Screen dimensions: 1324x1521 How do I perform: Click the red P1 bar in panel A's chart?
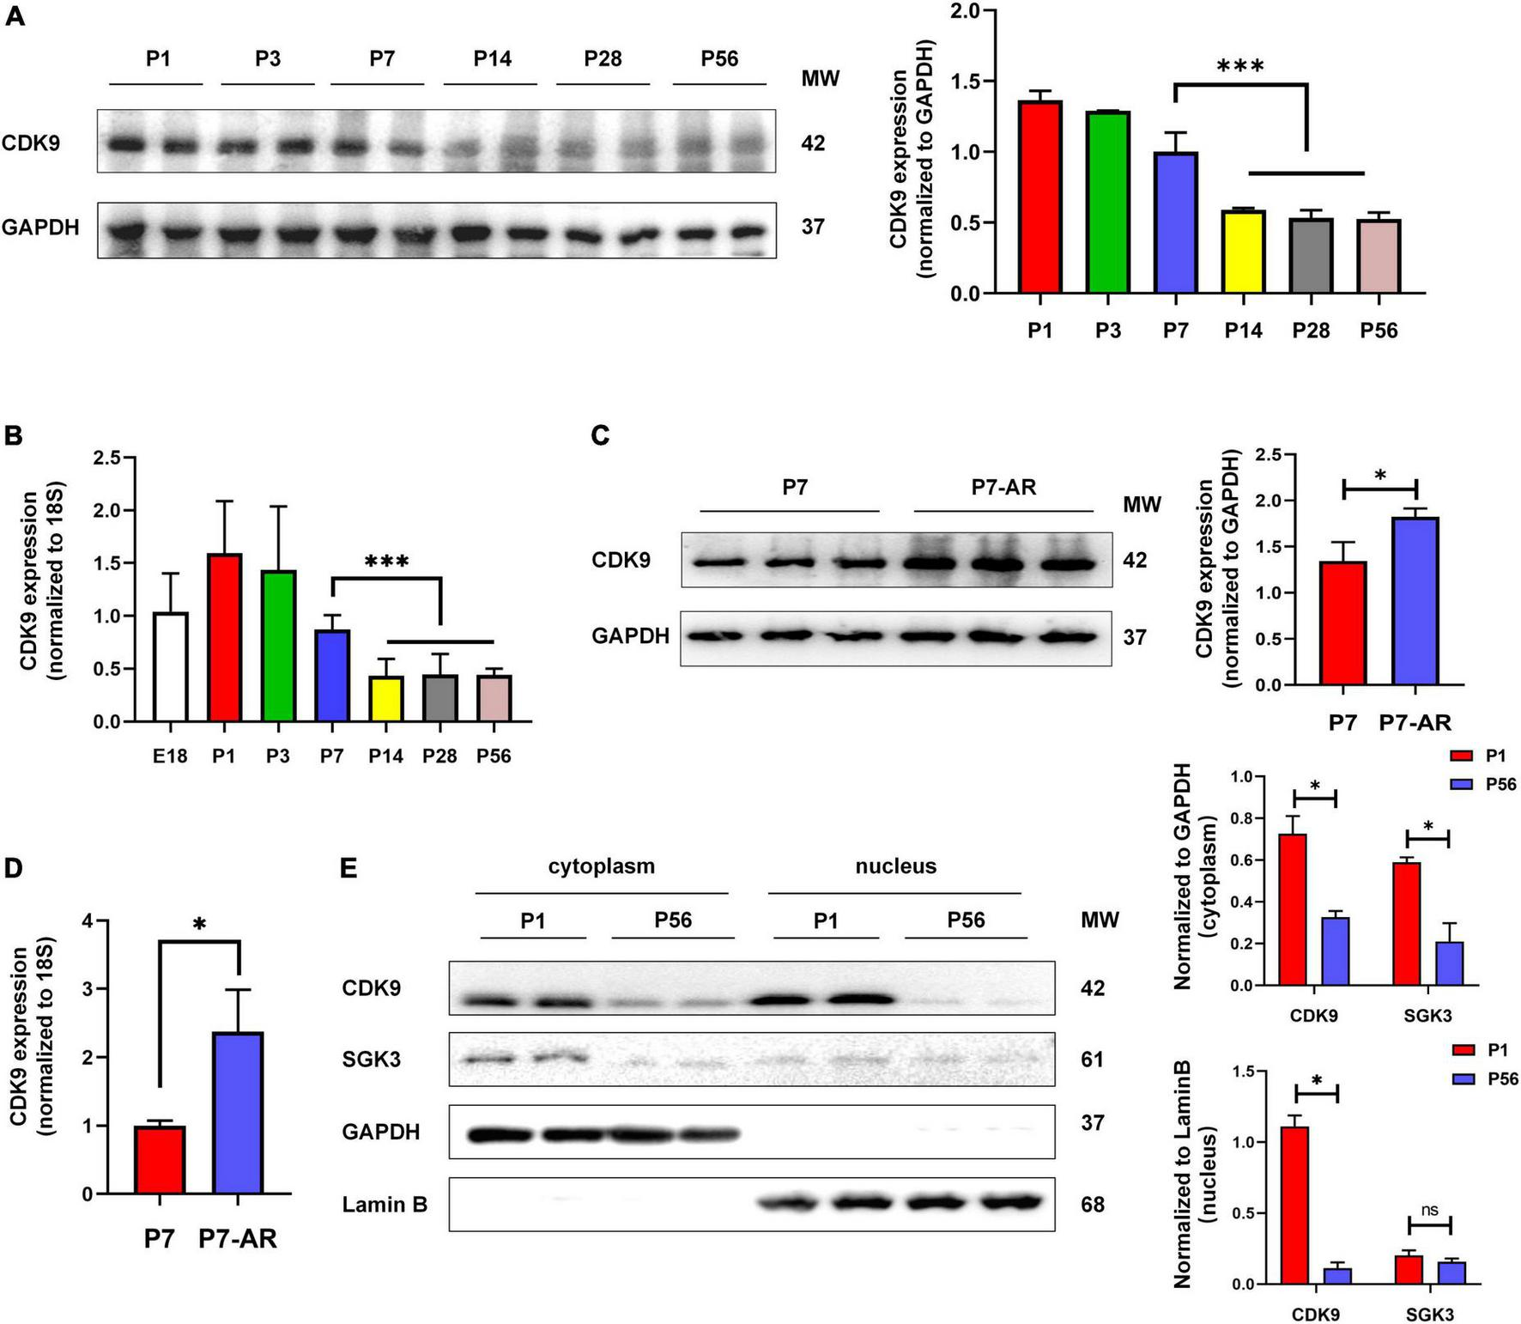(1039, 197)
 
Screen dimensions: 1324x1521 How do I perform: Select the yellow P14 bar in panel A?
(1243, 252)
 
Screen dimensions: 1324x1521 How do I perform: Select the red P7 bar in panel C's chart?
(1342, 623)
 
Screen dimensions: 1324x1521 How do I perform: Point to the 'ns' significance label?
(1429, 1210)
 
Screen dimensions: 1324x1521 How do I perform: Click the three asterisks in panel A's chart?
(1240, 66)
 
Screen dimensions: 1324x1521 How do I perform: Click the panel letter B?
(13, 435)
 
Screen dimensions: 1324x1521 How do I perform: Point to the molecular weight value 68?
(1093, 1205)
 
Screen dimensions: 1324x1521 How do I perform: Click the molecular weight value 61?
(1093, 1060)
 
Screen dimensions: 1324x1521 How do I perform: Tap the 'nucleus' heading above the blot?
(895, 866)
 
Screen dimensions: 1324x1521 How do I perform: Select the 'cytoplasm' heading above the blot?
(601, 866)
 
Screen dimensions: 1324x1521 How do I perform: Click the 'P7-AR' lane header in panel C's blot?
(1003, 488)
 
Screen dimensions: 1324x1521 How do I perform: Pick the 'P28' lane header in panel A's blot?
(603, 58)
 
